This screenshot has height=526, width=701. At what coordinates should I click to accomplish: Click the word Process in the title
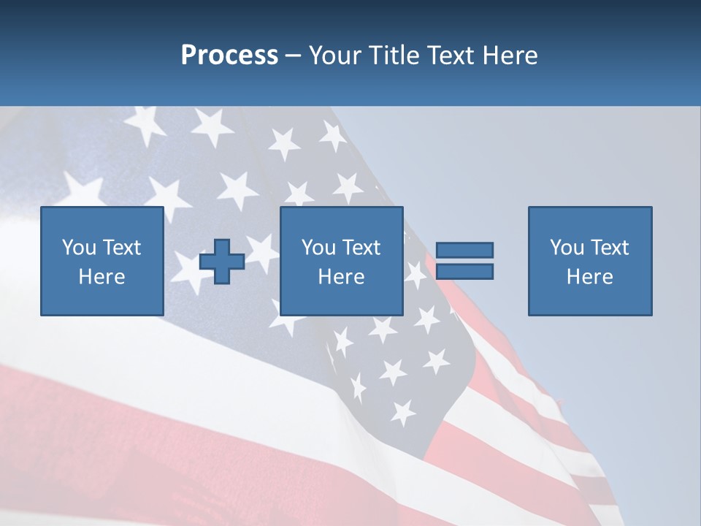pyautogui.click(x=229, y=56)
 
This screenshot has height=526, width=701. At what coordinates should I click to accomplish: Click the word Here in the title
pyautogui.click(x=509, y=56)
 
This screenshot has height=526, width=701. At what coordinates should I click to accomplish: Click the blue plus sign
pyautogui.click(x=222, y=262)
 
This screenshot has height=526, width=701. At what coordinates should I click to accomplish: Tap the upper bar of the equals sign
pyautogui.click(x=464, y=250)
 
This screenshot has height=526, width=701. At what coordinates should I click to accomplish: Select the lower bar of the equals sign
pyautogui.click(x=464, y=272)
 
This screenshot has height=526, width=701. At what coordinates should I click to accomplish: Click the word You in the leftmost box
pyautogui.click(x=80, y=248)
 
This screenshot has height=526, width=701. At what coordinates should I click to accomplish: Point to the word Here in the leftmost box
pyautogui.click(x=102, y=277)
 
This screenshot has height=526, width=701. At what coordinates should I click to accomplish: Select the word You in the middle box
pyautogui.click(x=319, y=248)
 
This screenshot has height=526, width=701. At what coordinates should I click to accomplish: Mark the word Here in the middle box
pyautogui.click(x=342, y=277)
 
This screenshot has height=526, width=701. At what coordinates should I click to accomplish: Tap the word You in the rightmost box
pyautogui.click(x=567, y=248)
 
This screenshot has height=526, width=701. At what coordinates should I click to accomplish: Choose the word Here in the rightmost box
pyautogui.click(x=590, y=277)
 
